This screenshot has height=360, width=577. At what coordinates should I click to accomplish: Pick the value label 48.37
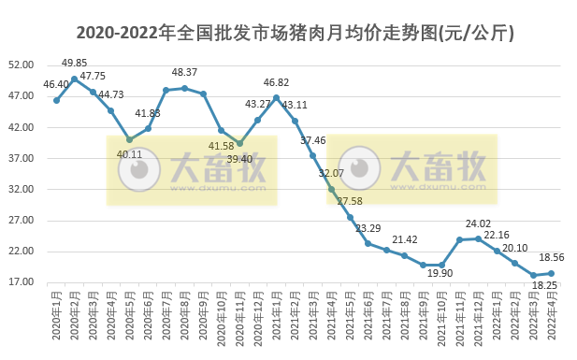[x=184, y=72]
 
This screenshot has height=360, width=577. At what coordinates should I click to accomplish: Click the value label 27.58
[x=350, y=202]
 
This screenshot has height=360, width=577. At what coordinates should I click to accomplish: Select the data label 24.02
[x=479, y=223]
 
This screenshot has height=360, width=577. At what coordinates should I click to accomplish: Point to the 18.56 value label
[x=553, y=257]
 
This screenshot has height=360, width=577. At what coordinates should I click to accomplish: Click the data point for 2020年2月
[x=74, y=79]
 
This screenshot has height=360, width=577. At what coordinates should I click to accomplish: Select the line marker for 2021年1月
[x=276, y=97]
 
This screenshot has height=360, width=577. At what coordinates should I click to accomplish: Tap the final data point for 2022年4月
[x=551, y=273]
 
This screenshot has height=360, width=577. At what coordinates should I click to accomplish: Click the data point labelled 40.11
[x=129, y=139]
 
